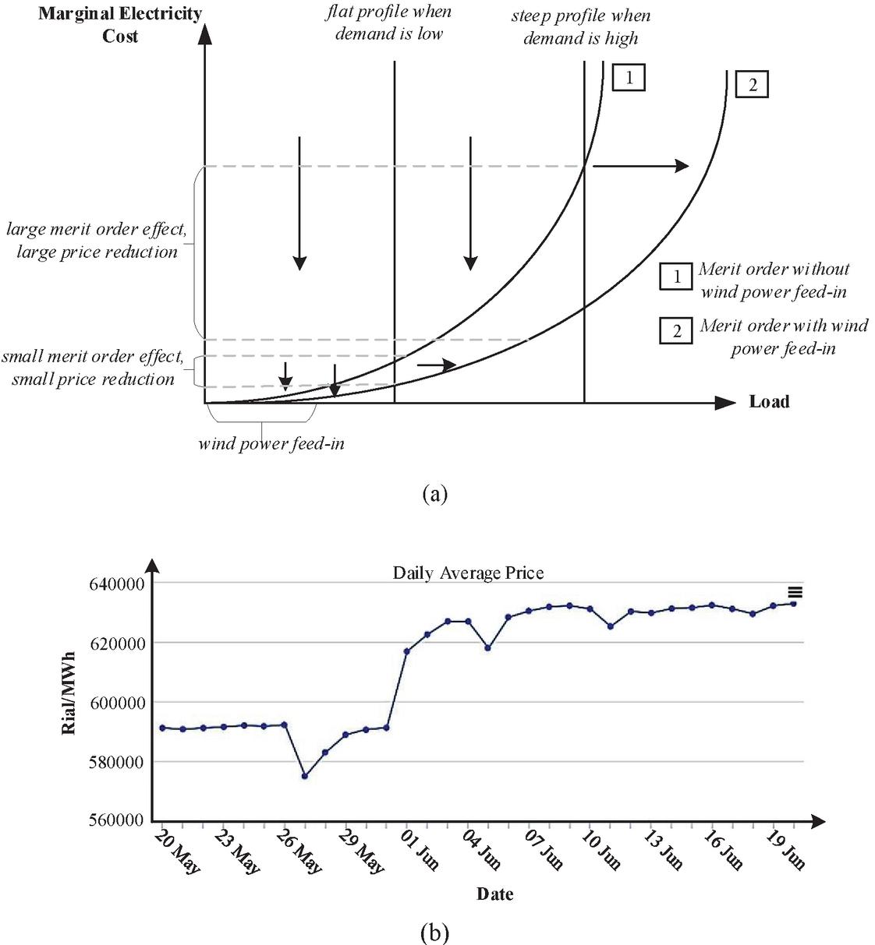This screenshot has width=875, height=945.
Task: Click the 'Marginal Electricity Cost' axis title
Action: point(120,24)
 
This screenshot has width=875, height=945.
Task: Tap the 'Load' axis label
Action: point(769,402)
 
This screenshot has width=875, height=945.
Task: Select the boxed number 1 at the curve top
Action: point(629,77)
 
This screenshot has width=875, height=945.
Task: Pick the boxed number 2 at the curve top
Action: point(752,84)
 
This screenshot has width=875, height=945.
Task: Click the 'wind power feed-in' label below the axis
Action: point(271,444)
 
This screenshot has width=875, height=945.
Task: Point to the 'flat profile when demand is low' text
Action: point(388,23)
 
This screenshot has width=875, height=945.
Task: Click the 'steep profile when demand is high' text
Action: point(580,26)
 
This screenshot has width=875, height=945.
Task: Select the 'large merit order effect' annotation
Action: point(97,241)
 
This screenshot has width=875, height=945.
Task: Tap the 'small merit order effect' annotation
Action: point(92,368)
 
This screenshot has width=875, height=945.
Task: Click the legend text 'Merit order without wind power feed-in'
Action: point(773,280)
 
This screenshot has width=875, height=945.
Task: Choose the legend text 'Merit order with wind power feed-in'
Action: point(783,337)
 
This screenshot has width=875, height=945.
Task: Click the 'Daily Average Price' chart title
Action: point(468,573)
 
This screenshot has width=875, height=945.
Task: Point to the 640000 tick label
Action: point(116,584)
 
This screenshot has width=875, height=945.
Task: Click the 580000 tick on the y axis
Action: point(116,761)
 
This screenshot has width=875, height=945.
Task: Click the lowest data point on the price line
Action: point(305,776)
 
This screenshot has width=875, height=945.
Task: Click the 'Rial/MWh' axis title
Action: point(69,691)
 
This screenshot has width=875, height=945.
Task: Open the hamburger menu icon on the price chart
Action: point(795,592)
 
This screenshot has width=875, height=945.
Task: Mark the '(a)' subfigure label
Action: point(434,493)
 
